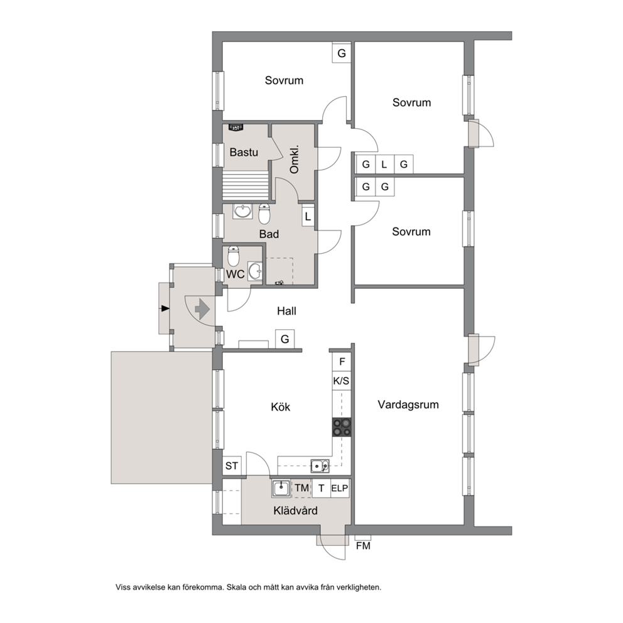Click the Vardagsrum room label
pyautogui.click(x=408, y=405)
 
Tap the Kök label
pyautogui.click(x=281, y=407)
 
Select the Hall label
pyautogui.click(x=286, y=311)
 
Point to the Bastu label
pyautogui.click(x=244, y=152)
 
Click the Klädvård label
pyautogui.click(x=296, y=511)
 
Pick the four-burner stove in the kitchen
pyautogui.click(x=342, y=427)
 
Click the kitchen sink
pyautogui.click(x=320, y=465)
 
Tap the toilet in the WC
pyautogui.click(x=233, y=256)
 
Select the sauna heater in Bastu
pyautogui.click(x=236, y=127)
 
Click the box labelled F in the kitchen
pyautogui.click(x=342, y=362)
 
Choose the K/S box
pyautogui.click(x=342, y=381)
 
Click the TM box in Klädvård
pyautogui.click(x=301, y=488)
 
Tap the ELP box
pyautogui.click(x=340, y=488)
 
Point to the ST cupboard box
pyautogui.click(x=232, y=465)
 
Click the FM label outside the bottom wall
pyautogui.click(x=363, y=546)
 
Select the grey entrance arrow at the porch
pyautogui.click(x=202, y=308)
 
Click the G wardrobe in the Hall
pyautogui.click(x=285, y=339)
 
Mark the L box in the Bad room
pyautogui.click(x=308, y=217)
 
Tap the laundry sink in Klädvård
pyautogui.click(x=281, y=488)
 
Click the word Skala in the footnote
pyautogui.click(x=236, y=587)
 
